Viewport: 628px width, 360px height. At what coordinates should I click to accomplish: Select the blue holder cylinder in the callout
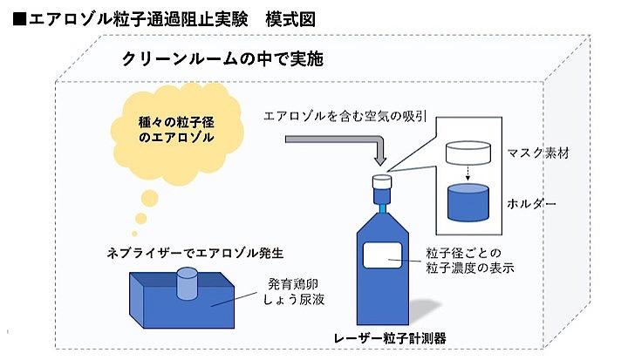tap(467, 202)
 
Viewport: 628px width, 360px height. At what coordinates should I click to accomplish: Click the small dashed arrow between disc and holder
tap(467, 174)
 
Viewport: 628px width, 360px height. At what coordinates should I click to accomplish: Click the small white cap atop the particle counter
tap(380, 182)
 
